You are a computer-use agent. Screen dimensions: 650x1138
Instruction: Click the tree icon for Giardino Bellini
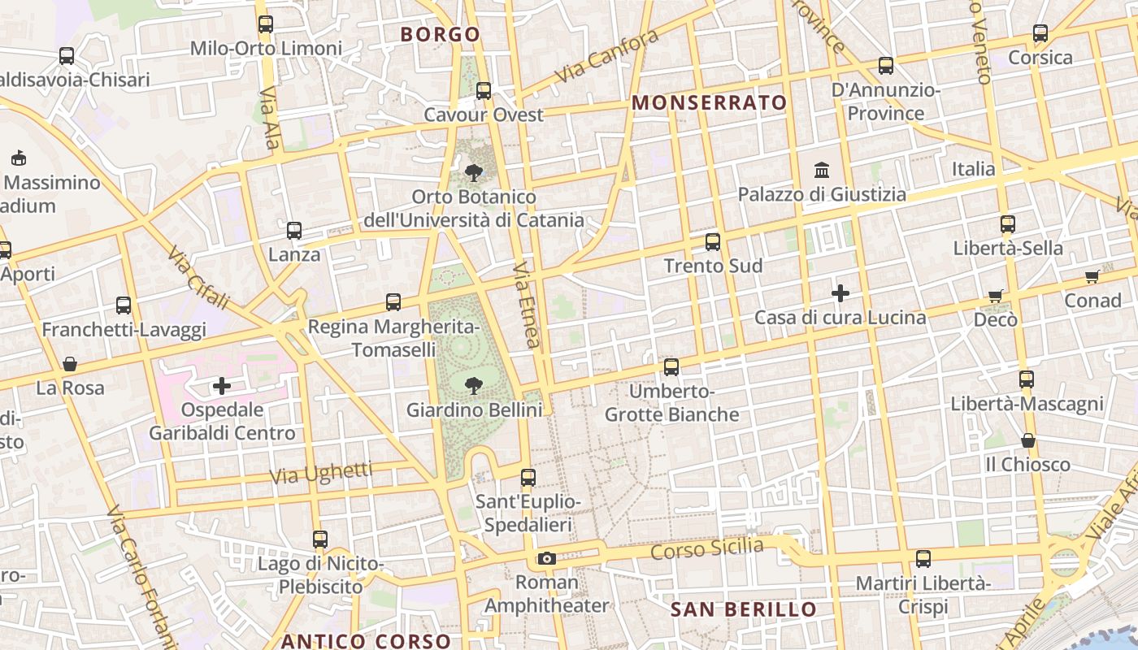[x=473, y=385]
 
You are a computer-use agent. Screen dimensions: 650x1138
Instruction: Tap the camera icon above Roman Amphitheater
[x=546, y=559]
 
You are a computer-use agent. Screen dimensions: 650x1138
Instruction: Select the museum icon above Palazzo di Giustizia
[x=822, y=171]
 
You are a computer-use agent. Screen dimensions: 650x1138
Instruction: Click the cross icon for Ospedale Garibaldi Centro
[x=222, y=386]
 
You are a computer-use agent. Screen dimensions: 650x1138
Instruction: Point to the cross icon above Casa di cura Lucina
[x=840, y=293]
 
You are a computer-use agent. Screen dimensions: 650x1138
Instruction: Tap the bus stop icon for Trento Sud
[x=713, y=242]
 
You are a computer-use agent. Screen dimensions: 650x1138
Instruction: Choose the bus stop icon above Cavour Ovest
[x=484, y=91]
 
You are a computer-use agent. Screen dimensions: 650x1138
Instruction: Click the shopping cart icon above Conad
[x=1092, y=277]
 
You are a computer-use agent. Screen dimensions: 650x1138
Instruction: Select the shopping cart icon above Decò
[x=996, y=296]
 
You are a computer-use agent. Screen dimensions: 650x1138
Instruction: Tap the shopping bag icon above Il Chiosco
[x=1028, y=440]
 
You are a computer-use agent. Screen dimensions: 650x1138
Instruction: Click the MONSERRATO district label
[x=710, y=103]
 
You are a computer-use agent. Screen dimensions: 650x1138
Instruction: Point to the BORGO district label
[x=441, y=35]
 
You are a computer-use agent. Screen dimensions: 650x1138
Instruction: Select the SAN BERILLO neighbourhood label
[x=743, y=610]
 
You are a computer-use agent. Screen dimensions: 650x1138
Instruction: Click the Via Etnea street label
[x=528, y=305]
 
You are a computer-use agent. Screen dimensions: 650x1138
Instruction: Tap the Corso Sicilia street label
[x=707, y=549]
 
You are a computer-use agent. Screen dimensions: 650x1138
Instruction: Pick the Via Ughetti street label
[x=321, y=473]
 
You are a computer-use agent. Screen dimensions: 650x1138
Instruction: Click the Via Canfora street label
[x=607, y=57]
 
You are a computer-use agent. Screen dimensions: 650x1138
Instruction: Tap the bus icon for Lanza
[x=294, y=231]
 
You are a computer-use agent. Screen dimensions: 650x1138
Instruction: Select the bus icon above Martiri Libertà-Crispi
[x=923, y=559]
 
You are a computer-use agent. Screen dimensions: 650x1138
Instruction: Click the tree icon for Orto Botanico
[x=473, y=172]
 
